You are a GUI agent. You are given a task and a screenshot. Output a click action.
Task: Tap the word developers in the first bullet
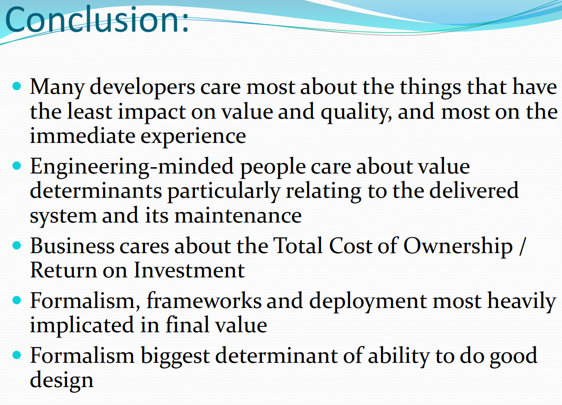[142, 88]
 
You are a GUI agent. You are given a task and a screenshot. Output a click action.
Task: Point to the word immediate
[82, 136]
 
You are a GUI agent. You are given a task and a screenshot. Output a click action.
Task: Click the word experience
[193, 137]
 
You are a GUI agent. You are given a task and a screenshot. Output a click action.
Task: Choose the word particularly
[224, 191]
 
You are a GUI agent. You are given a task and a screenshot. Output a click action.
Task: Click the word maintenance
[238, 216]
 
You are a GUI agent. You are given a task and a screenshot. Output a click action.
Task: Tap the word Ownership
[458, 247]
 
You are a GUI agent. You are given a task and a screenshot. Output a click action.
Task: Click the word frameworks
[204, 300]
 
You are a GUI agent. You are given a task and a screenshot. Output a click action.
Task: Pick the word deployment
[368, 302]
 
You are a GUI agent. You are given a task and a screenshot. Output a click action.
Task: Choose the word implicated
[82, 326]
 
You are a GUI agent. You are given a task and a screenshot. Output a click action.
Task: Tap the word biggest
[175, 356]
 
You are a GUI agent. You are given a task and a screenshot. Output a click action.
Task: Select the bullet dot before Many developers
[17, 86]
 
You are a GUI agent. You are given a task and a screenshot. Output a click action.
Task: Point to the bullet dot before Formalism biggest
[17, 355]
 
